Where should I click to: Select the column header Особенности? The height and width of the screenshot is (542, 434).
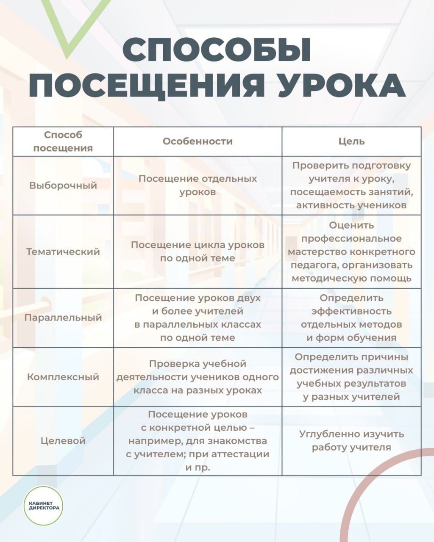(198, 141)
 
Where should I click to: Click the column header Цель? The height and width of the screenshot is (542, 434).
(351, 141)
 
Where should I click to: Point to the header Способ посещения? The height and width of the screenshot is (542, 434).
(63, 141)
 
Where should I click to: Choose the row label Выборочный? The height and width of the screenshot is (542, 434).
(63, 185)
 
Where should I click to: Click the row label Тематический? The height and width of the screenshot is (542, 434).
(63, 252)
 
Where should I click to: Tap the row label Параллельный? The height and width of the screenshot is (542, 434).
(63, 318)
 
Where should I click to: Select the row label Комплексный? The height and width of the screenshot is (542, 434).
(63, 377)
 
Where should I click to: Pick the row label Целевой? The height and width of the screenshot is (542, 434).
(63, 440)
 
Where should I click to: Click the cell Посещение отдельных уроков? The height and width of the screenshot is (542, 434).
(198, 185)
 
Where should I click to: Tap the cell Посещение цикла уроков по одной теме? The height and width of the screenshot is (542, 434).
(198, 252)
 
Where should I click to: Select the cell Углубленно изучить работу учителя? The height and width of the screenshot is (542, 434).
(351, 440)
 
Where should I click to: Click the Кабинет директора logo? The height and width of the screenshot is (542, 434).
(43, 505)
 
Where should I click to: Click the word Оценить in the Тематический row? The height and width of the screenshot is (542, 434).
(351, 225)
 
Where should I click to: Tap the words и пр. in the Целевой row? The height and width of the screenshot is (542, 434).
(198, 467)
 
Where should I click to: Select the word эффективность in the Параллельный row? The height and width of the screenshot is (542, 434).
(351, 311)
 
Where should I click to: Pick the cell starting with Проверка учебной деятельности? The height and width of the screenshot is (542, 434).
(198, 377)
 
